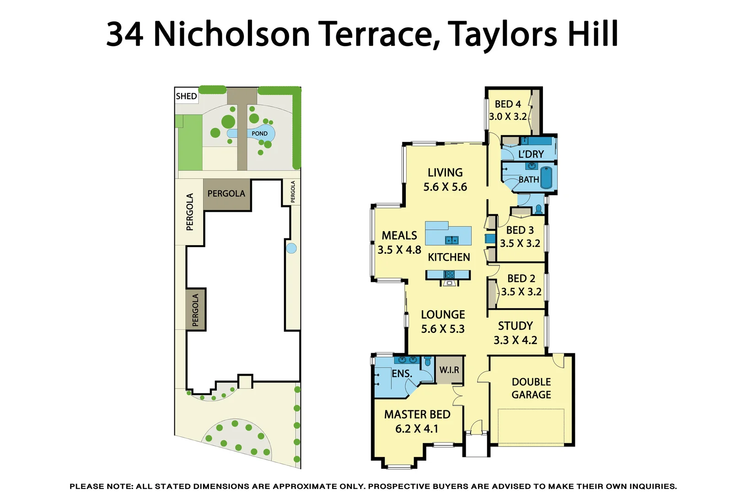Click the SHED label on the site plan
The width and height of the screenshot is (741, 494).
[186, 96]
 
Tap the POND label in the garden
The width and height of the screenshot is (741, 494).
[259, 134]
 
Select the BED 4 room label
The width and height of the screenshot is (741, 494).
[508, 104]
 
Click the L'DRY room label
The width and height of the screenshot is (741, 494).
[531, 154]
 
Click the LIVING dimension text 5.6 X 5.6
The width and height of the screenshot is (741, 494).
[445, 187]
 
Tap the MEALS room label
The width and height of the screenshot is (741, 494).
[399, 236]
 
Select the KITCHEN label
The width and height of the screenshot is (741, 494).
[449, 257]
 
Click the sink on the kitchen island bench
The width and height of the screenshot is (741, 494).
[452, 240]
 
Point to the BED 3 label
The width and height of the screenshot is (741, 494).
[520, 230]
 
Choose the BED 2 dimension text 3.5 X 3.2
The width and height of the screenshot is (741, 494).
[521, 292]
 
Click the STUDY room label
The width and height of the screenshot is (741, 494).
[515, 326]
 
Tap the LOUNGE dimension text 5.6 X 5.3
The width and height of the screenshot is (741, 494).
[443, 329]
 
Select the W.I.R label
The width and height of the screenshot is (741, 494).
[449, 370]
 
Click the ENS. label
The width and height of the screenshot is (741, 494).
[402, 374]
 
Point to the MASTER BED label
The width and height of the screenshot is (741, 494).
[417, 414]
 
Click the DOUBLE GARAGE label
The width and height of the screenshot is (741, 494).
[531, 388]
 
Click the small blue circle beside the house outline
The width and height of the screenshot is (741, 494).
[291, 248]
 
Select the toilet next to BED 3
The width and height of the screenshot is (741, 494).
[538, 210]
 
